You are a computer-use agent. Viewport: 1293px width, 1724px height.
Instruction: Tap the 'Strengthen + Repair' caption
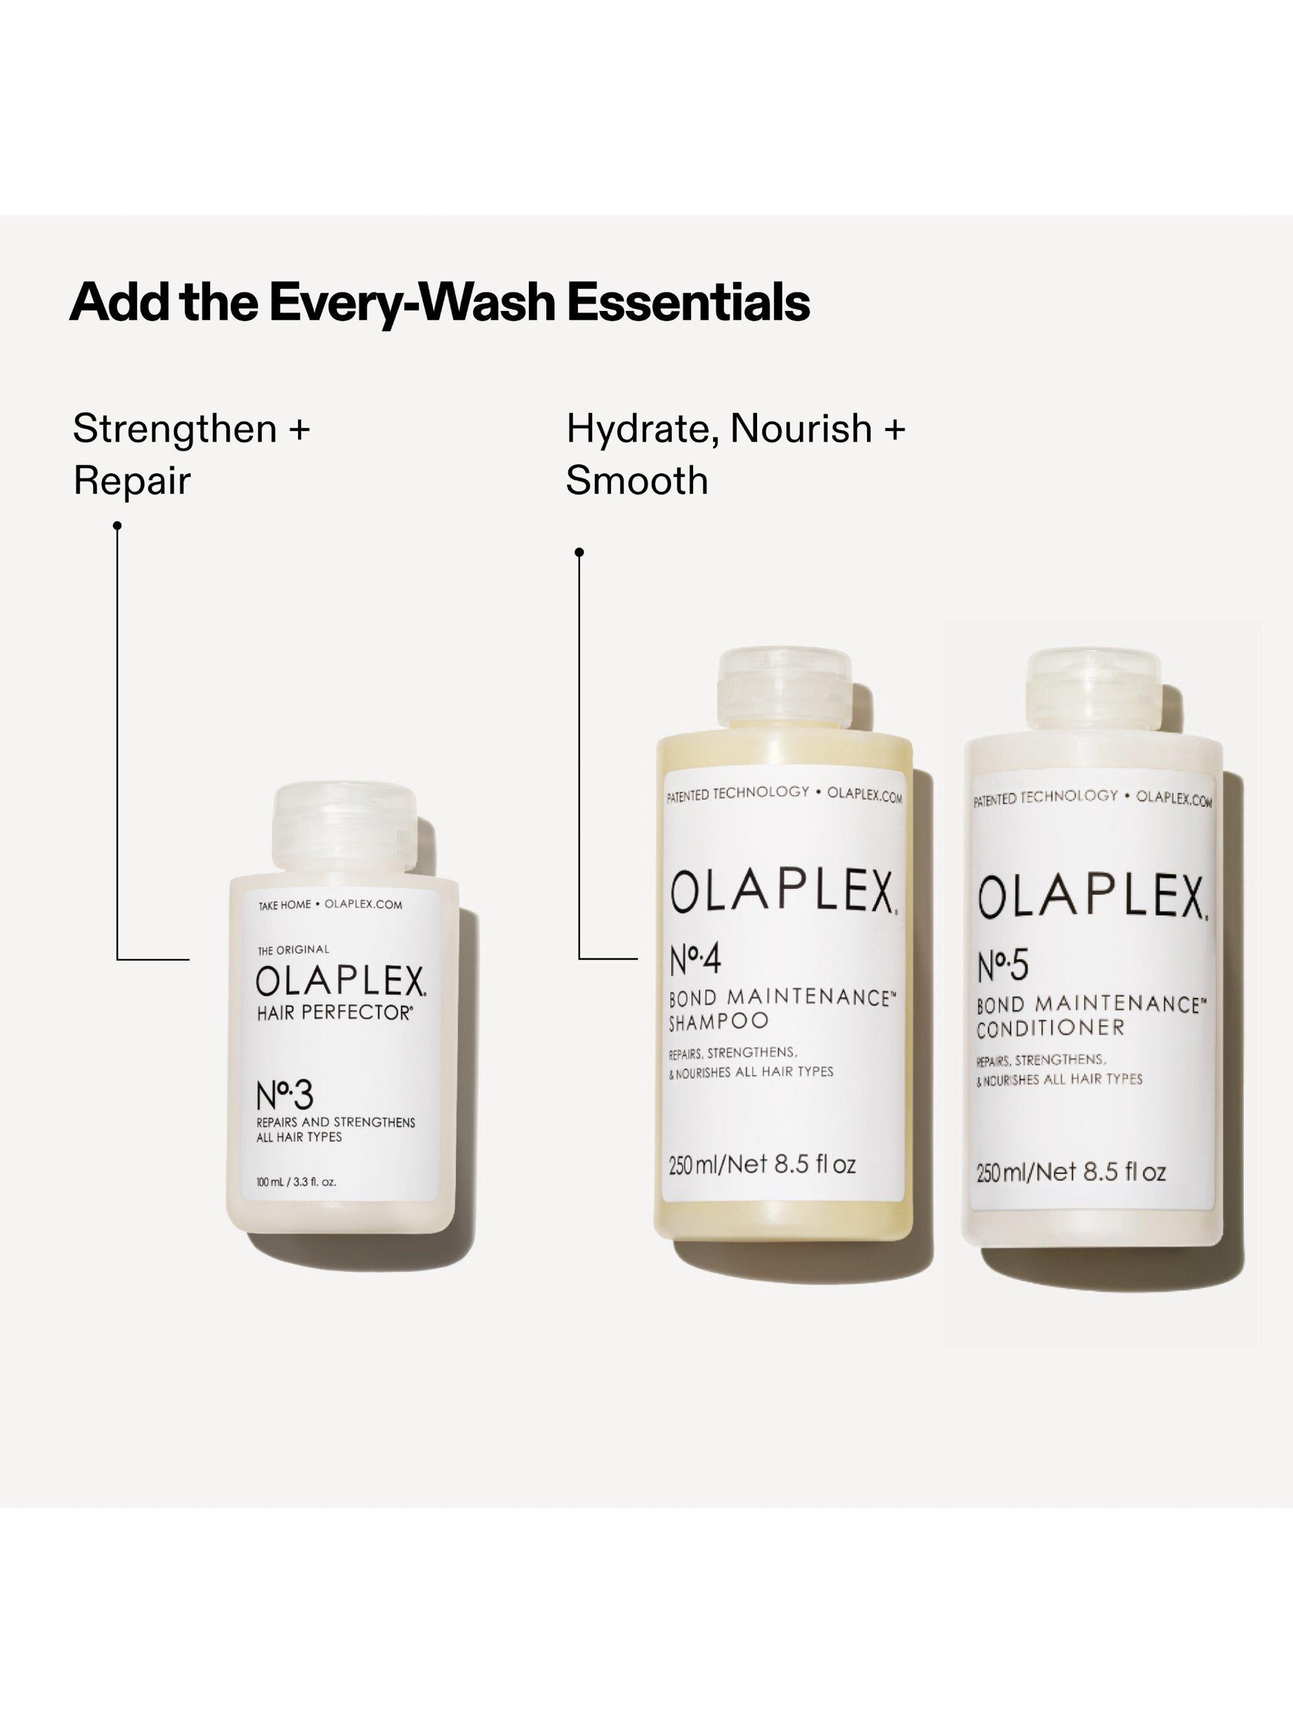click(x=191, y=454)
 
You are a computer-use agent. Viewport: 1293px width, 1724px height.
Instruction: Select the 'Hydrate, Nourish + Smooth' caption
click(x=735, y=454)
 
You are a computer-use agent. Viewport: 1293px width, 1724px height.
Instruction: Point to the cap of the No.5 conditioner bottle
click(x=1094, y=690)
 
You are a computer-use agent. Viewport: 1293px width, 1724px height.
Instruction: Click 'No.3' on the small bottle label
click(x=285, y=1095)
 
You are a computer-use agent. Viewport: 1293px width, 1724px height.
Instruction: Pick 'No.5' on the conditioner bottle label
click(x=1003, y=966)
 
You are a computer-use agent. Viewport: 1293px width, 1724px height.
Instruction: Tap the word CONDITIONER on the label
click(x=1050, y=1028)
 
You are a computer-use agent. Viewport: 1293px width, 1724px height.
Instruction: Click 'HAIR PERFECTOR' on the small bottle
click(x=334, y=1013)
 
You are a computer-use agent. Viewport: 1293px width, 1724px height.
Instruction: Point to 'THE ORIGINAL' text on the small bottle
click(x=293, y=950)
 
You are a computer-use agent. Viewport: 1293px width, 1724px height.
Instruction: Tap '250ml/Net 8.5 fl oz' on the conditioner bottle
click(x=1071, y=1172)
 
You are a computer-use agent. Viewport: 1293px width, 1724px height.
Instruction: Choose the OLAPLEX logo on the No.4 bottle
click(x=783, y=892)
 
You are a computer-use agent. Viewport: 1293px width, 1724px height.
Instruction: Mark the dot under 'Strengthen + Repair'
click(x=118, y=526)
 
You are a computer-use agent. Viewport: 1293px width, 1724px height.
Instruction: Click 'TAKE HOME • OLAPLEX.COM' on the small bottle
click(x=330, y=905)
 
